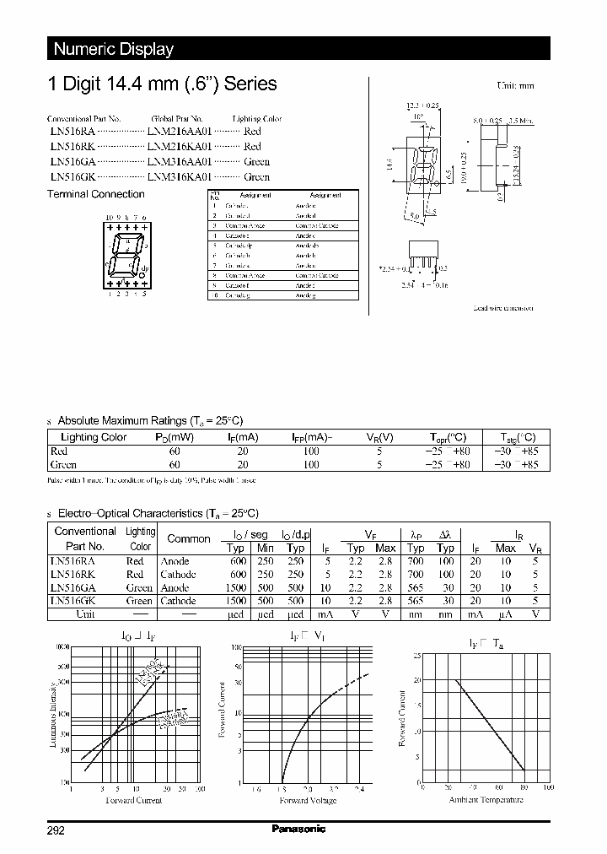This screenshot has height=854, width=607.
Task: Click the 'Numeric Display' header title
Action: (114, 49)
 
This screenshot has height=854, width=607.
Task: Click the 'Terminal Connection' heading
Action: (94, 194)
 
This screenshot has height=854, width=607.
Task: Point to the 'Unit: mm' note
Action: (513, 86)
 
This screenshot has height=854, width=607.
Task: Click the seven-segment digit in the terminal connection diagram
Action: (126, 257)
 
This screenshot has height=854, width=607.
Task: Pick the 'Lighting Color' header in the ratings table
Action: (94, 437)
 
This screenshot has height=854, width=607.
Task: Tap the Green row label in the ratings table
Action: (64, 464)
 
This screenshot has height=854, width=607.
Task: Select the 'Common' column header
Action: (189, 538)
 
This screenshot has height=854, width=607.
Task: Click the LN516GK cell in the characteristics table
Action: (73, 601)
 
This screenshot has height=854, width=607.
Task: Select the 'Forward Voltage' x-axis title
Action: (308, 800)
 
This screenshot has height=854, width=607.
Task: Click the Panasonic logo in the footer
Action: (298, 830)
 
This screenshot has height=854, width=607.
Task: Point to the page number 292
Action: (55, 830)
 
